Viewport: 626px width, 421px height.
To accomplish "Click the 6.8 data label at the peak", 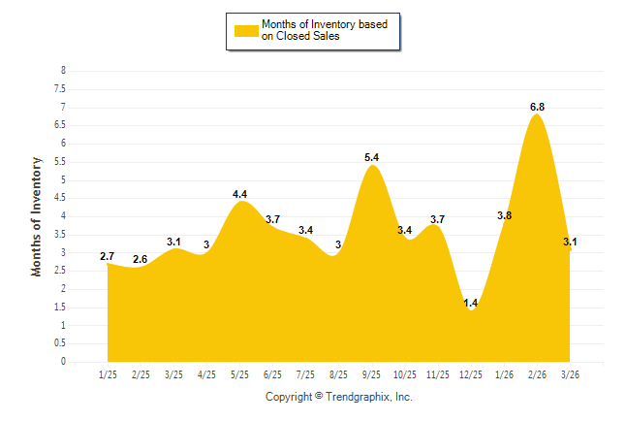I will click(x=537, y=107).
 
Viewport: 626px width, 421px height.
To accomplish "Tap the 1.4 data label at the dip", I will click(x=471, y=304).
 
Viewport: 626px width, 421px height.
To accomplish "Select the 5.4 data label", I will click(x=371, y=157).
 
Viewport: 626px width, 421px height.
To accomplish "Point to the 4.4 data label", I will click(x=239, y=194).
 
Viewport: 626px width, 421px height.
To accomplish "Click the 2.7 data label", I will click(x=108, y=256).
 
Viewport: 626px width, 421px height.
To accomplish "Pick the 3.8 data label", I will click(x=504, y=215).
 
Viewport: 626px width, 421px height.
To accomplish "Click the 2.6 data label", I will click(x=141, y=259).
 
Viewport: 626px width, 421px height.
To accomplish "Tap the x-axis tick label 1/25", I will click(x=108, y=374).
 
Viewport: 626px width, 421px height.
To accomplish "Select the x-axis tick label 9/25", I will click(x=371, y=374).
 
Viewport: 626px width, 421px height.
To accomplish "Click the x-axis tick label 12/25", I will click(x=471, y=374).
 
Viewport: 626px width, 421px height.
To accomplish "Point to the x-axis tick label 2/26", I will click(x=537, y=374).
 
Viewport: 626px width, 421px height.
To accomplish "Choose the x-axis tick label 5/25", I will click(x=239, y=374).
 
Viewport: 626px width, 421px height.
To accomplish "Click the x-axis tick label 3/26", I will click(x=570, y=374).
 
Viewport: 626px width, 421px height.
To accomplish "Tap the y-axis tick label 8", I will click(x=63, y=71).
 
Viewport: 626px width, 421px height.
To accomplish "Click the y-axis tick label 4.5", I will click(x=60, y=198).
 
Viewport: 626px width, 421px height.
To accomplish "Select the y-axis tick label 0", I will click(x=63, y=362).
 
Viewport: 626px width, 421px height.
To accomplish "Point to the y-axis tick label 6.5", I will click(x=60, y=125).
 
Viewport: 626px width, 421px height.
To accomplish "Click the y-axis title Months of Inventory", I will click(x=37, y=216).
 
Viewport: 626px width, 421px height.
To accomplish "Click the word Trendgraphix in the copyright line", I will click(x=356, y=397).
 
